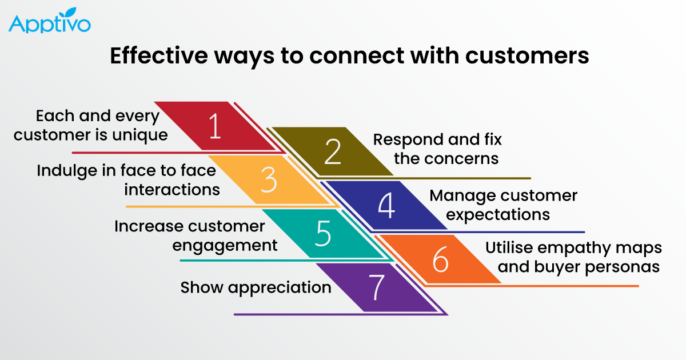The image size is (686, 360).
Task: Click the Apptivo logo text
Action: coord(49,25)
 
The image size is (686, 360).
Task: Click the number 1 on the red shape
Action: coord(215,127)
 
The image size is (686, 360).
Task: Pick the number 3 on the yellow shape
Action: coord(268,180)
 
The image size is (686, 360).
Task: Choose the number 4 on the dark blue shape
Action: coord(386,206)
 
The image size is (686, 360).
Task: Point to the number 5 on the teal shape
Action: coord(323,234)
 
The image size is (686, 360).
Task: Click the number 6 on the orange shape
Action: coord(440,260)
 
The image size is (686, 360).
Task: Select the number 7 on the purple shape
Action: coord(376,288)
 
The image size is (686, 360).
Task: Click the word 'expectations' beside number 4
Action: coord(498,214)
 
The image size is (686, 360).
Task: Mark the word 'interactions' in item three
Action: coord(172,189)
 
